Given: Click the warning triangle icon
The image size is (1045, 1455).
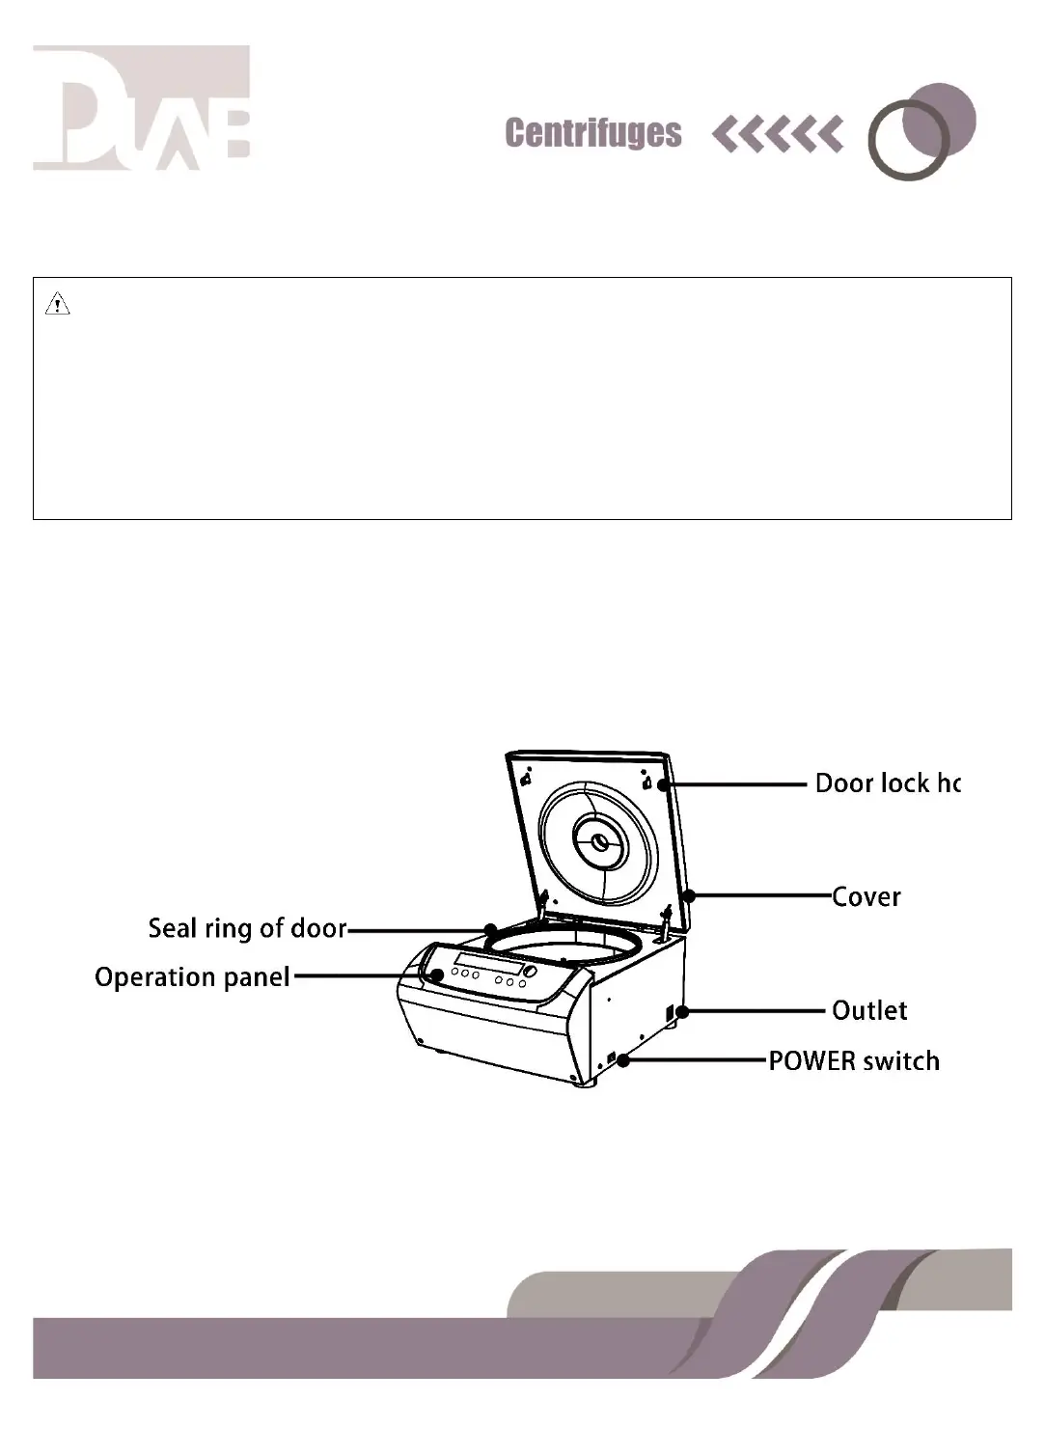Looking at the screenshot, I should click(58, 306).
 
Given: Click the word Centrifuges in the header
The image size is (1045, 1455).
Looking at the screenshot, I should click(592, 133).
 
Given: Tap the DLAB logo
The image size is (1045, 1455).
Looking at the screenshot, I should click(142, 108).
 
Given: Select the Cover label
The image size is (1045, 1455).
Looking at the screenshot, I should click(866, 897).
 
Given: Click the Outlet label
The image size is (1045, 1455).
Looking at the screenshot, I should click(869, 1011).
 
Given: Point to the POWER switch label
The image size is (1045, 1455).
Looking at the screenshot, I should click(853, 1061).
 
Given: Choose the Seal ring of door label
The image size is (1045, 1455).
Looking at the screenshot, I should click(247, 928).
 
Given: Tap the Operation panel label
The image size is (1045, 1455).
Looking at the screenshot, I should click(192, 977).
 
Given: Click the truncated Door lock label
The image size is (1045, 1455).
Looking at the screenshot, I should click(887, 783).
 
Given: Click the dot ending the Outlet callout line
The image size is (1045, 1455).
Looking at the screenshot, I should click(682, 1012).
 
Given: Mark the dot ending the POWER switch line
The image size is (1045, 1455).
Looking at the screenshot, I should click(624, 1060).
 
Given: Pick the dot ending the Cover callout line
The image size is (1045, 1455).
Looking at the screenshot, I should click(689, 896).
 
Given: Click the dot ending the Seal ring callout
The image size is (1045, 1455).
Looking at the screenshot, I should click(490, 930).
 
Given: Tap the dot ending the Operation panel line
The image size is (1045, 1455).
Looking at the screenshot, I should click(437, 975).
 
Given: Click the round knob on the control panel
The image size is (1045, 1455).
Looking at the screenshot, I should click(529, 972).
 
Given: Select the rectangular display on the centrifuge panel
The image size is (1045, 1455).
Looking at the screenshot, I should click(489, 966).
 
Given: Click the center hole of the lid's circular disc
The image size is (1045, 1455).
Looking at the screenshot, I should click(600, 842).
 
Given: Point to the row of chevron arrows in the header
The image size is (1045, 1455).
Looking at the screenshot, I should click(777, 134).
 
